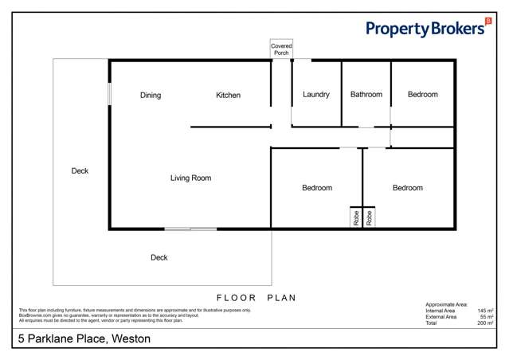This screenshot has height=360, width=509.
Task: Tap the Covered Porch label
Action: tap(281, 49)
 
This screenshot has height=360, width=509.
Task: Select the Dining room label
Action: tap(151, 96)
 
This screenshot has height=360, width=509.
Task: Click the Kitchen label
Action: tap(228, 96)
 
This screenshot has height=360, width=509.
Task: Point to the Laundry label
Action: tap(316, 95)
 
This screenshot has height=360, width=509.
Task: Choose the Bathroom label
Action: tap(366, 95)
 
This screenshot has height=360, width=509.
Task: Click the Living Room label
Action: tap(190, 178)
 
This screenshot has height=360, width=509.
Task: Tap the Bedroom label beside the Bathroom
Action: tap(423, 95)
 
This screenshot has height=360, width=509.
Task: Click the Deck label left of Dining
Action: tap(80, 170)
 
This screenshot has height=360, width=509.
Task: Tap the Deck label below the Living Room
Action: tap(159, 257)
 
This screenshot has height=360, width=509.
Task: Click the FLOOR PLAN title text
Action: tap(256, 298)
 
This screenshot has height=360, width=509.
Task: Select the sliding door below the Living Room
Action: tap(190, 229)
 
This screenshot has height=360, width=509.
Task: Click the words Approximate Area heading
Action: tap(447, 304)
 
